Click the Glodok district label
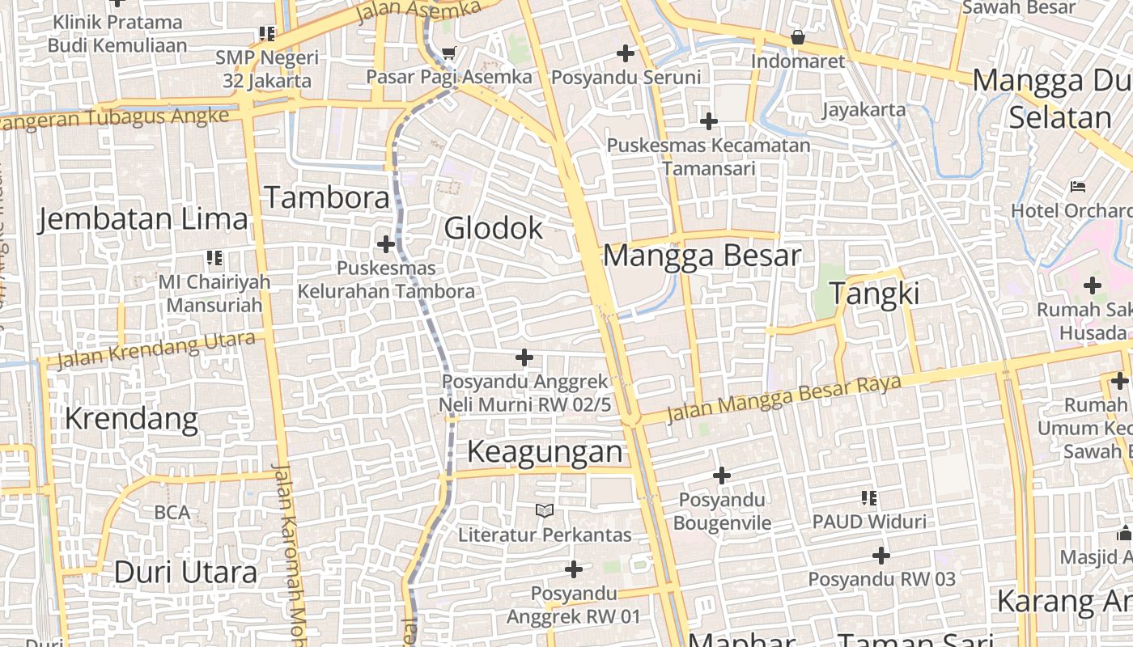(x=494, y=228)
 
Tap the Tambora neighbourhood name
(x=327, y=197)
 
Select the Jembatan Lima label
(x=143, y=219)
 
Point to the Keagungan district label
(x=545, y=451)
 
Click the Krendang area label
(x=131, y=419)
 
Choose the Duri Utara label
(x=185, y=573)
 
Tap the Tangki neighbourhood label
(x=874, y=293)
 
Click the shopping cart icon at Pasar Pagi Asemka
(x=449, y=54)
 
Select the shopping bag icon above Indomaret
(x=798, y=37)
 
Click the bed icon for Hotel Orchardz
(x=1077, y=187)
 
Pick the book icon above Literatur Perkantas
(x=545, y=510)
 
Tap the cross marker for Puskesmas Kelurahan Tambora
(x=386, y=243)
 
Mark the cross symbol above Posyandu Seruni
(x=626, y=54)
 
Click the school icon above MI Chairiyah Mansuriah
(x=214, y=258)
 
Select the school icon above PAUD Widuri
(x=869, y=498)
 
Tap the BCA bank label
(x=172, y=512)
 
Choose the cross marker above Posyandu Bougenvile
(x=722, y=476)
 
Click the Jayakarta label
(x=864, y=109)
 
